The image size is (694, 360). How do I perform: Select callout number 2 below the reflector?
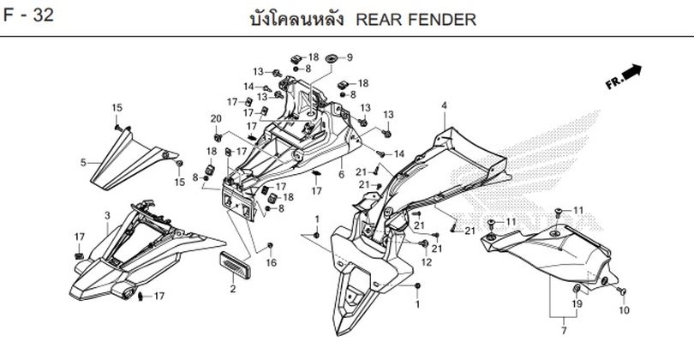[x=232, y=290]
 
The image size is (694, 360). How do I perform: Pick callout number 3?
[x=106, y=214]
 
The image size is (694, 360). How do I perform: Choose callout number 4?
[x=445, y=105]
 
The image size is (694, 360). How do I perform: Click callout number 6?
[x=341, y=174]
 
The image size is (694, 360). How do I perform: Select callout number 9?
[x=349, y=57]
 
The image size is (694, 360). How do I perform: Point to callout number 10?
[x=624, y=309]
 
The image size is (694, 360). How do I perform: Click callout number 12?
[x=426, y=261]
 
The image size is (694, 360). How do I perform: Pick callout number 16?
[x=271, y=262]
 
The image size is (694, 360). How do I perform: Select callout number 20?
[x=216, y=118]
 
